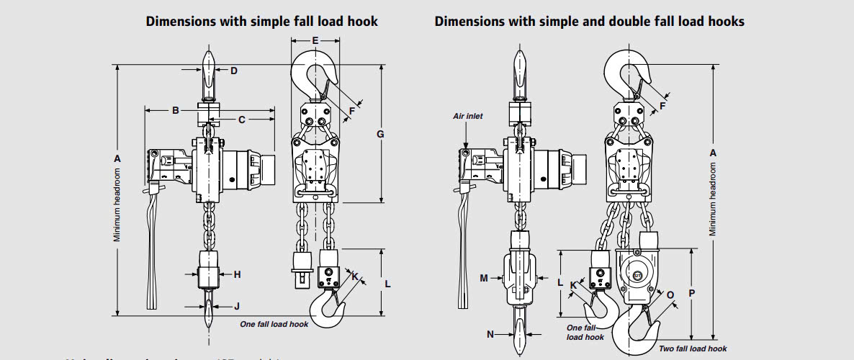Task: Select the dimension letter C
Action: click(242, 119)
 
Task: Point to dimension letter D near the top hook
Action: click(233, 71)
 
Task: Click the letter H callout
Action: click(237, 274)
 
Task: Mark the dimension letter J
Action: click(237, 306)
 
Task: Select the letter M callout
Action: click(484, 277)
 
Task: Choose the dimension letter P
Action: click(692, 294)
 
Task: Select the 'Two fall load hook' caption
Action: click(693, 348)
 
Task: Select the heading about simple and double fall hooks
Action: click(589, 21)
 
